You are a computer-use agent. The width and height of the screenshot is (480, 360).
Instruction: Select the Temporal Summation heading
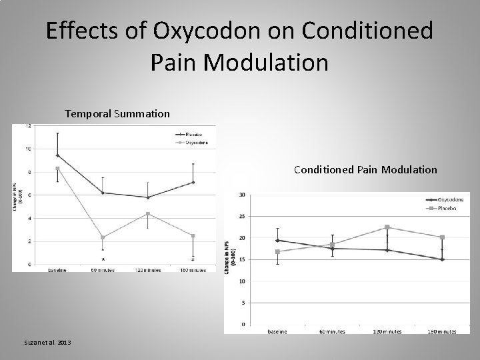click(x=117, y=114)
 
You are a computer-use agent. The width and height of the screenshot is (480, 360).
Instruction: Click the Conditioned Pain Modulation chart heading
click(x=365, y=170)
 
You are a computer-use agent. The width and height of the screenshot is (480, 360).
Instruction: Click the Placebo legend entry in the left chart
click(x=191, y=133)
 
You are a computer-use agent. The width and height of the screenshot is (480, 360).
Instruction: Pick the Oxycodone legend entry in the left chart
click(x=191, y=141)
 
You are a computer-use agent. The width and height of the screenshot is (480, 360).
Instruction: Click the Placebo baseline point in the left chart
click(x=57, y=155)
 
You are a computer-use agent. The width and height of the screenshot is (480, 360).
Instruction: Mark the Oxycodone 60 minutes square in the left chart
click(x=103, y=237)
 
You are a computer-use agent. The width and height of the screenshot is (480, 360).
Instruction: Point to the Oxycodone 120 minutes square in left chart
click(x=147, y=214)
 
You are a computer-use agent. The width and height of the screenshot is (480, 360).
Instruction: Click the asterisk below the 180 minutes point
click(x=193, y=259)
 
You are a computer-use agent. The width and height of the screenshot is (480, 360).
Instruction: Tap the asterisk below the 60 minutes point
click(x=103, y=259)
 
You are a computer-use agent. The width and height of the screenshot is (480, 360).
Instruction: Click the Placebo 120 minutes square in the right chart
click(x=387, y=227)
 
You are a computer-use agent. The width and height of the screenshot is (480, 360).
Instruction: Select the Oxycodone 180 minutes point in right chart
click(x=441, y=259)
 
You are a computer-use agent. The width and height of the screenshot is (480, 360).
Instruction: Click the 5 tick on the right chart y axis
click(x=242, y=303)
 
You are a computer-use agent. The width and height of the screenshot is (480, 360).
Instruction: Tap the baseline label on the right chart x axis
click(x=277, y=331)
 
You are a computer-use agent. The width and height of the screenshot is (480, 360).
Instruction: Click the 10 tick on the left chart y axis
click(x=27, y=149)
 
